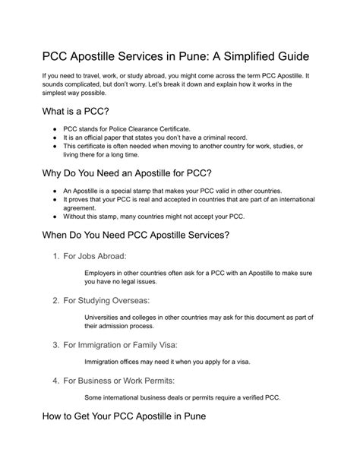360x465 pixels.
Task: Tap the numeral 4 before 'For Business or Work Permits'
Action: pyautogui.click(x=56, y=379)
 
